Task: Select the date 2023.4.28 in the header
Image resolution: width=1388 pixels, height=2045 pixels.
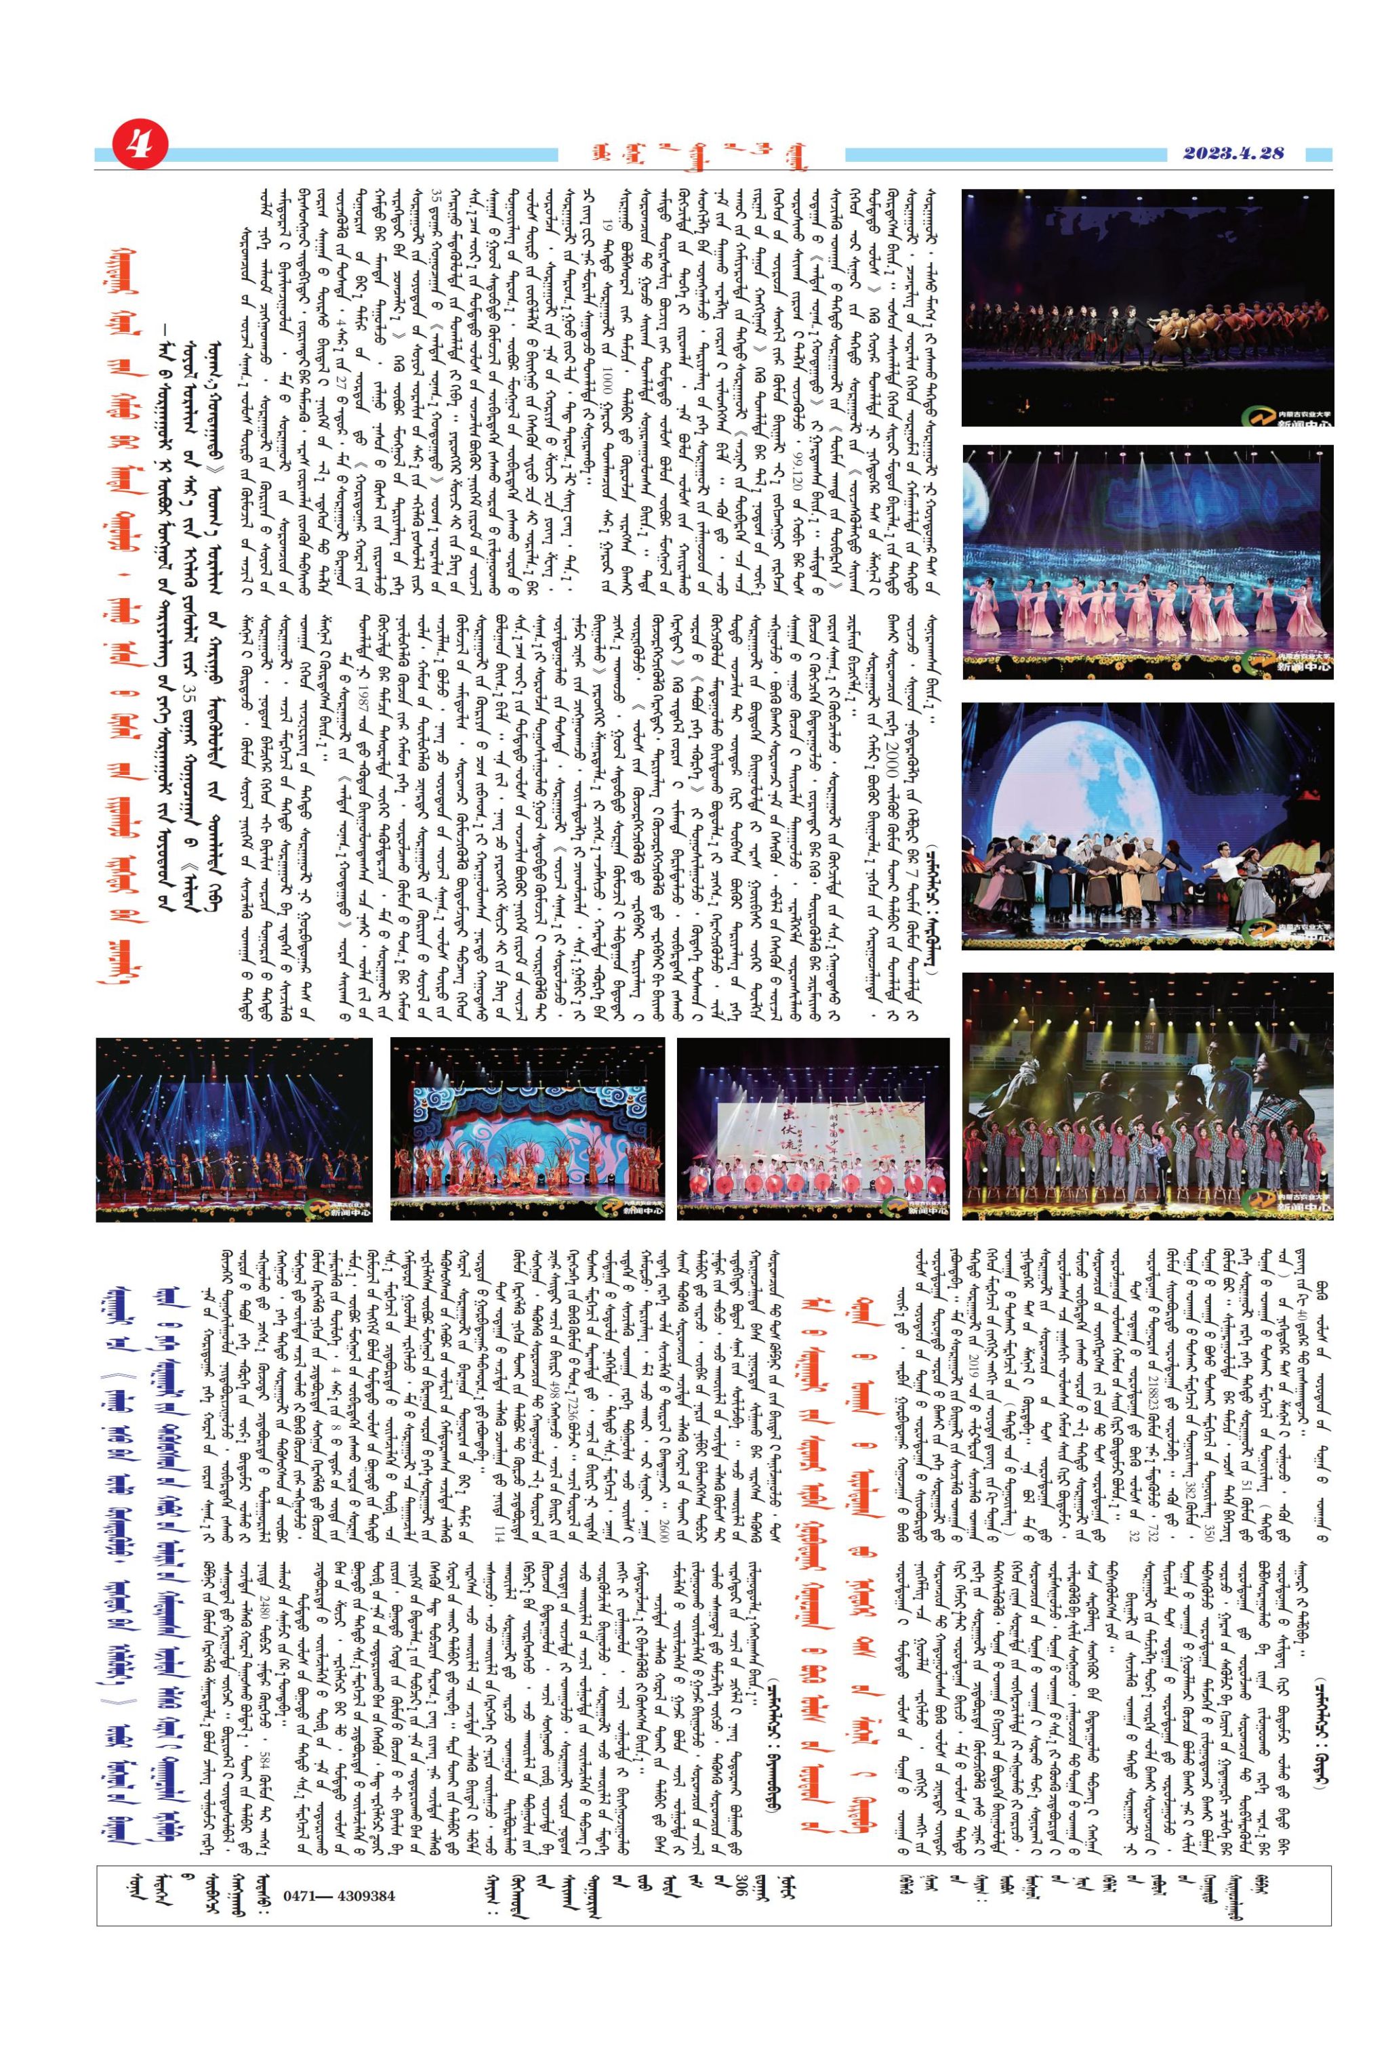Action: coord(1232,153)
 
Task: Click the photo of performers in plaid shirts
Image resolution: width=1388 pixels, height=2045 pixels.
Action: coord(1147,1095)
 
